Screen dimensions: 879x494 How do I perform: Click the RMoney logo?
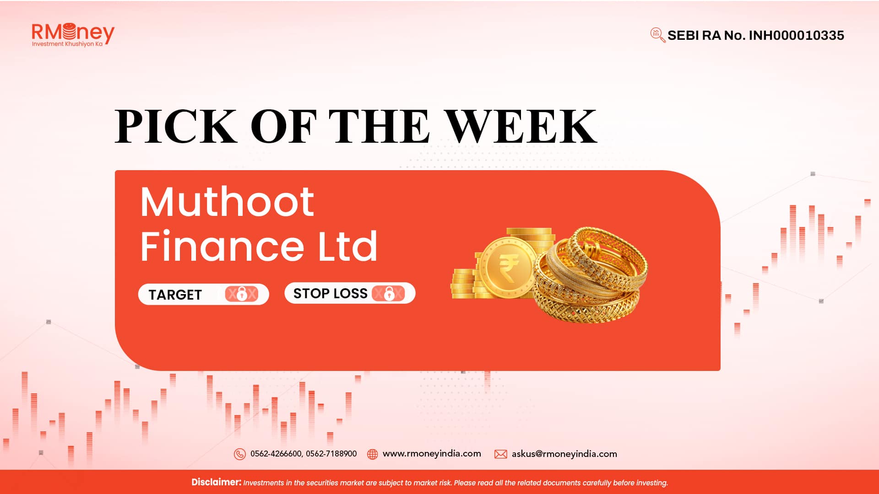pos(73,34)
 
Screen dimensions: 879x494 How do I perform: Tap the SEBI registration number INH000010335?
pos(796,35)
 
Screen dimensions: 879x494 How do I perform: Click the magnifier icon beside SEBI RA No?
pos(658,35)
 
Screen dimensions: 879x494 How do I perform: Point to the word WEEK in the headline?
pos(521,126)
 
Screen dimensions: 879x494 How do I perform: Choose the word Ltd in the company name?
pos(347,246)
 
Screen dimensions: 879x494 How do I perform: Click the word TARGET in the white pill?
pos(175,295)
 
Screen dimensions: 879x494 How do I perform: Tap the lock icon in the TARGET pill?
pos(242,294)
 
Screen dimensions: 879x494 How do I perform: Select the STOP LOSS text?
pos(331,293)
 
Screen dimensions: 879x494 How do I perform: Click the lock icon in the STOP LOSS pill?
pos(389,293)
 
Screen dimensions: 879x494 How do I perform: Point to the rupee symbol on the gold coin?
pos(508,268)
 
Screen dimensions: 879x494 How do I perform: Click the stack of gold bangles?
pos(591,274)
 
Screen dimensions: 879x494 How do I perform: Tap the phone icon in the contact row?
pos(239,454)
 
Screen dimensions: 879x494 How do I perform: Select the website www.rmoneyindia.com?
pos(432,453)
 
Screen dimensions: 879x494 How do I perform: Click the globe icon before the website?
pos(373,454)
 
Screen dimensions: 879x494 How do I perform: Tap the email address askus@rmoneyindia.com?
pos(564,454)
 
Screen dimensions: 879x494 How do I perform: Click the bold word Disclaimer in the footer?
pos(216,482)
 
